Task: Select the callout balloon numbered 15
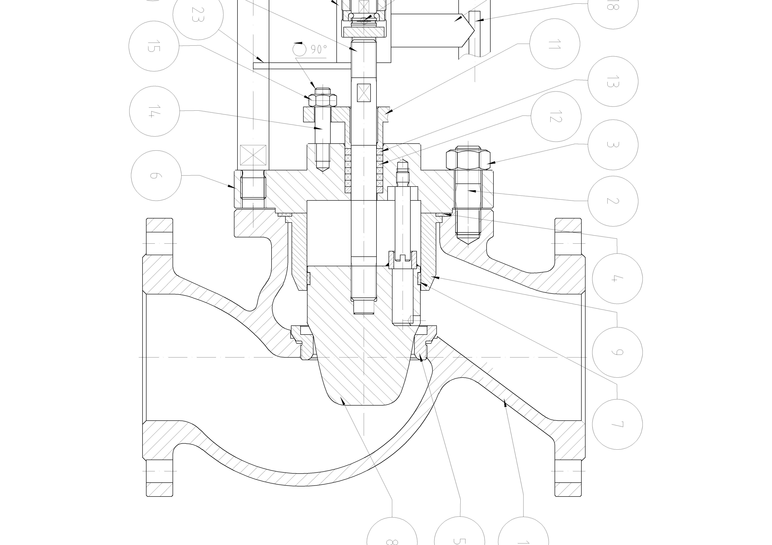(x=154, y=46)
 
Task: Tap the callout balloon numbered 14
(x=154, y=111)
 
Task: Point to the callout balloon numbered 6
(x=156, y=176)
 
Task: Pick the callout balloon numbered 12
(x=556, y=117)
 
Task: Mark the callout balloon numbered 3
(x=613, y=145)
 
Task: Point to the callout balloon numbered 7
(x=617, y=424)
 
